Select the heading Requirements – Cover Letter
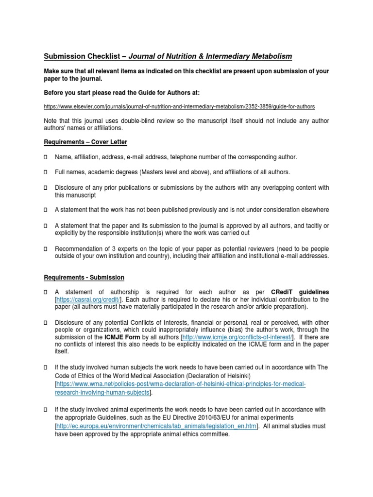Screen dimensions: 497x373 coord(85,142)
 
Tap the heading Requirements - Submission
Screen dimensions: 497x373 coord(84,277)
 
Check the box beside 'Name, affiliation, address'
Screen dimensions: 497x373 coord(46,158)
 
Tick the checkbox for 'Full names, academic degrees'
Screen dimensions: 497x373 coord(46,172)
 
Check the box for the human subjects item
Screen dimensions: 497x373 coord(46,368)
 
